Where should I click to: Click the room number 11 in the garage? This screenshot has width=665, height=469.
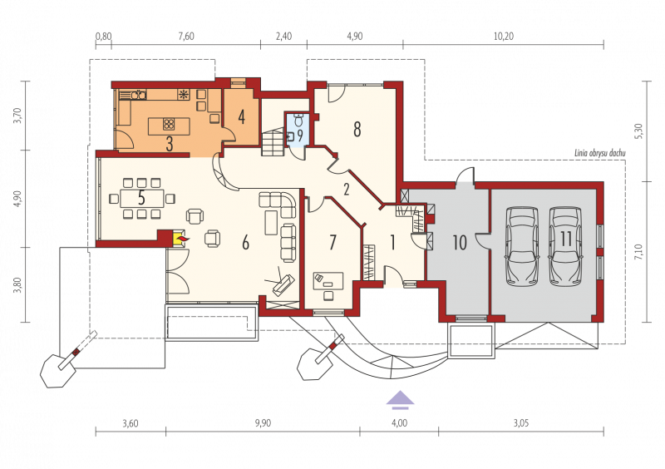(566, 239)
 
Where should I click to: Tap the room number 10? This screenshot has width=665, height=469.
(460, 242)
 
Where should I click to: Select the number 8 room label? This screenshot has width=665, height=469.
(357, 130)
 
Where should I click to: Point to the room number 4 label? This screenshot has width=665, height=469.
(241, 116)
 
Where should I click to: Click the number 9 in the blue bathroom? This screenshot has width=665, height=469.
(300, 136)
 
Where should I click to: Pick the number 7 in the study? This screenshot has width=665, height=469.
(333, 242)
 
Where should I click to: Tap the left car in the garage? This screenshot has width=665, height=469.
(523, 246)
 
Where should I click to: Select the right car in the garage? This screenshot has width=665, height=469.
(566, 246)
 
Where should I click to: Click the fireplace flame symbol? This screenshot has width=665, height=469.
(182, 240)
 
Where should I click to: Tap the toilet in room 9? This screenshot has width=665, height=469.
(298, 120)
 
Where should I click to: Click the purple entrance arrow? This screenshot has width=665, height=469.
(399, 400)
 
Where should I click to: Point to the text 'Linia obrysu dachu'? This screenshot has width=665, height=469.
(600, 153)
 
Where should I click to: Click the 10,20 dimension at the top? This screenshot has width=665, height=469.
(504, 37)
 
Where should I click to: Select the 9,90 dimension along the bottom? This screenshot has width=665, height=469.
(263, 423)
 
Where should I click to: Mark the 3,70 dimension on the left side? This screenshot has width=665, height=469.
(17, 116)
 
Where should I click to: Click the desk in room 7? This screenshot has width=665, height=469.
(328, 281)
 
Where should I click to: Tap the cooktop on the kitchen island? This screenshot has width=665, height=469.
(169, 124)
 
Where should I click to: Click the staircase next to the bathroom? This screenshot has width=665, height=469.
(272, 143)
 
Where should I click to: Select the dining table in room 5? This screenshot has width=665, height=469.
(141, 198)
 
